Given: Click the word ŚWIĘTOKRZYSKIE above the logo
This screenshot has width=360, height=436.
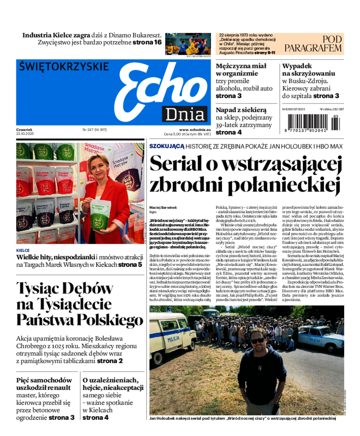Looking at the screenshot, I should tap(64, 67).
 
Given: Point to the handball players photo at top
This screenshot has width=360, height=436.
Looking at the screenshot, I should tap(188, 44).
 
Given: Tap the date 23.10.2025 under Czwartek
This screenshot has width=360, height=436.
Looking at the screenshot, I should tap(25, 134).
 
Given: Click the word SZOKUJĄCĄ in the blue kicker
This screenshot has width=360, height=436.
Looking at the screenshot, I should tap(167, 146).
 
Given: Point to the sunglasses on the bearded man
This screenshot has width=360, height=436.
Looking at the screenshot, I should tap(258, 341).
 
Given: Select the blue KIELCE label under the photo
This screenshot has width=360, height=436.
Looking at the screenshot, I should tap(23, 250).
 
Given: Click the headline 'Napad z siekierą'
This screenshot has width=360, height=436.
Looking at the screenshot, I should tap(241, 110).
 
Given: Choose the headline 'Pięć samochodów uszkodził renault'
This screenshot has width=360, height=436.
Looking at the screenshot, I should tap(43, 383).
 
